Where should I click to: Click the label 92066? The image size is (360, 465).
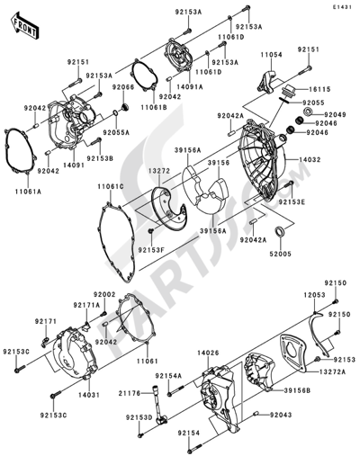click(x=123, y=86)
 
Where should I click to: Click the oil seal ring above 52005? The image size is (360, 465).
click(x=282, y=235)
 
